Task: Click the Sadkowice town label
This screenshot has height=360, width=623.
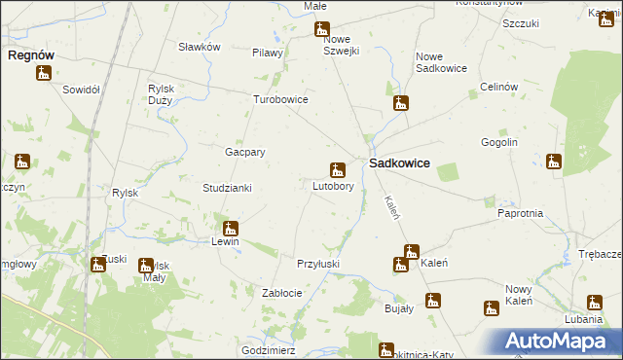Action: (x=399, y=164)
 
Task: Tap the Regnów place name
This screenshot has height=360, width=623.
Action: (x=30, y=55)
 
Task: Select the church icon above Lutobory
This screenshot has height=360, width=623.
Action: (x=338, y=170)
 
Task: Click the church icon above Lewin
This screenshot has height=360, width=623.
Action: (x=231, y=229)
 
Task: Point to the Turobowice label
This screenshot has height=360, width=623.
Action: (x=280, y=99)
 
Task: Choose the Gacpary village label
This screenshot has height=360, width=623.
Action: (x=245, y=152)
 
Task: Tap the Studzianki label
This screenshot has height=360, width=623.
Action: (x=227, y=188)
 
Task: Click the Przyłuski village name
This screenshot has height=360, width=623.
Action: (x=317, y=264)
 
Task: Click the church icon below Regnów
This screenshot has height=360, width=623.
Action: (x=44, y=73)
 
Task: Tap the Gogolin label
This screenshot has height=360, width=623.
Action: (x=496, y=142)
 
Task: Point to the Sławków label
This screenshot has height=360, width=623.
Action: (x=200, y=47)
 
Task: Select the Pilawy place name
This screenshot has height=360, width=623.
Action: (x=267, y=54)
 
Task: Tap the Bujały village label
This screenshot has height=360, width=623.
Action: (x=399, y=307)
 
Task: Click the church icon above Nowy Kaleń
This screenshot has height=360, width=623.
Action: (x=492, y=308)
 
